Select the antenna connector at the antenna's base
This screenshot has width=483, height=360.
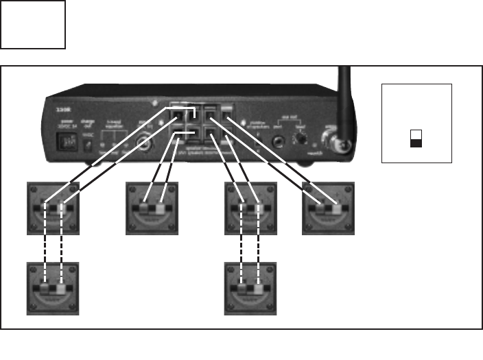pos(339,145)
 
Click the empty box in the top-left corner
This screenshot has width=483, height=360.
pos(33,25)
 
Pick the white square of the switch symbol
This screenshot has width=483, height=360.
pos(416,134)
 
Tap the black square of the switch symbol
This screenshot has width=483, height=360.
pos(416,143)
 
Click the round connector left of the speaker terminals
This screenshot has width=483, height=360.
pos(145,145)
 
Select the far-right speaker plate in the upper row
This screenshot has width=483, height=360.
pos(329,208)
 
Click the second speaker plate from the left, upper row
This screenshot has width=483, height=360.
pos(152,208)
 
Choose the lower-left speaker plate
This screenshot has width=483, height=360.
pos(53,289)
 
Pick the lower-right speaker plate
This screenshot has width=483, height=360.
pos(250,289)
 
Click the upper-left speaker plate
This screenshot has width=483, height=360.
pos(53,208)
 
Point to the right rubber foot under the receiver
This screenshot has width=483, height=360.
pos(302,164)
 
